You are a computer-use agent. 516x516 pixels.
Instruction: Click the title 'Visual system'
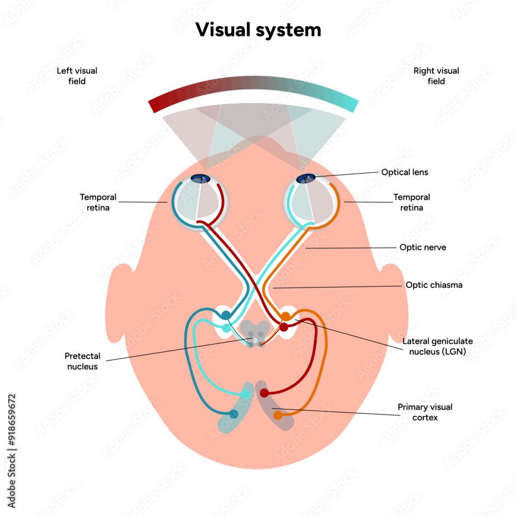[258, 30]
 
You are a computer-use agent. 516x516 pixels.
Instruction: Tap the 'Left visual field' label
[77, 76]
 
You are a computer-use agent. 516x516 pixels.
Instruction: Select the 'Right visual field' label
[436, 76]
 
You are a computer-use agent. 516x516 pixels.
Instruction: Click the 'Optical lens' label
[404, 172]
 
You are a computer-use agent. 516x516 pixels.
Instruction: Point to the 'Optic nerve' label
[423, 248]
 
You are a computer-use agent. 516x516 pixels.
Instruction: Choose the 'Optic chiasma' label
[433, 285]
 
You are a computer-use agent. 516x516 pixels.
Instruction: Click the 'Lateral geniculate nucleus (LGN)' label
[438, 346]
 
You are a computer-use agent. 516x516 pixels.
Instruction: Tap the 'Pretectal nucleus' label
[83, 361]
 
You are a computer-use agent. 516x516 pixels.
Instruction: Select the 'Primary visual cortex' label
[425, 412]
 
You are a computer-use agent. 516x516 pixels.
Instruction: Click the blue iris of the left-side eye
[201, 179]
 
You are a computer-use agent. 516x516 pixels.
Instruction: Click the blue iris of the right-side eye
[306, 179]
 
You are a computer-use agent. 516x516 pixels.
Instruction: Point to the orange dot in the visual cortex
[278, 415]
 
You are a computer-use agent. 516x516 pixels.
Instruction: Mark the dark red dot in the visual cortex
[264, 394]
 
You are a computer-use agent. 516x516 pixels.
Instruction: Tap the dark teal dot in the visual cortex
[234, 413]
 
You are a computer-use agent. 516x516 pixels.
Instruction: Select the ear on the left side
[118, 302]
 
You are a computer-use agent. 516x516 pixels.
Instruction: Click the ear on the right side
[396, 302]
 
